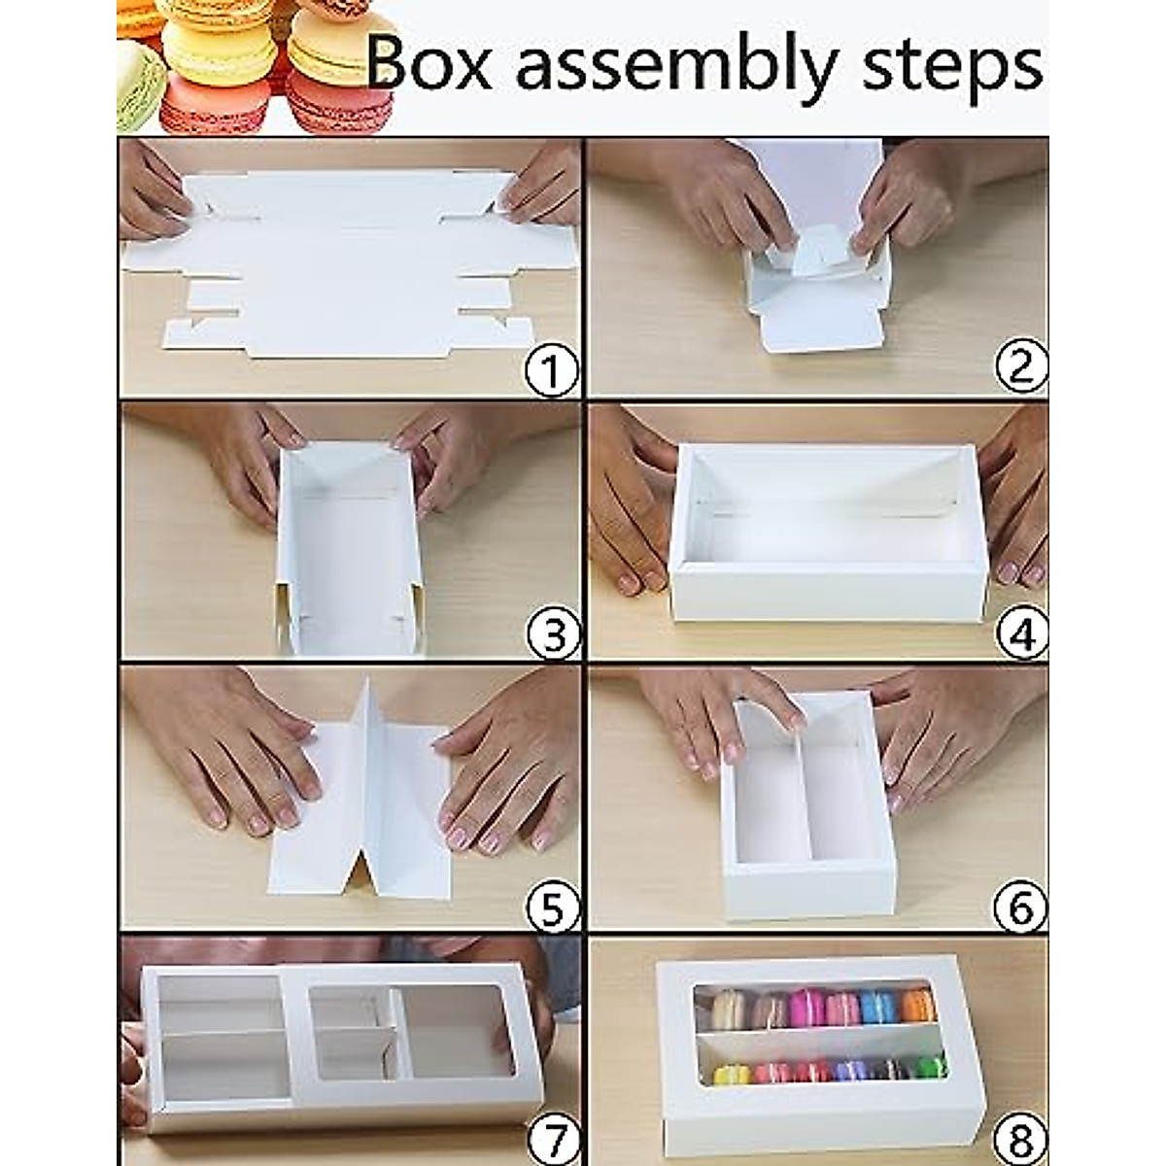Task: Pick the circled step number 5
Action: click(551, 909)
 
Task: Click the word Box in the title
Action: click(429, 64)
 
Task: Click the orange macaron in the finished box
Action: click(917, 1006)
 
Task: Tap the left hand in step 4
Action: click(627, 505)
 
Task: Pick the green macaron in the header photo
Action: click(136, 87)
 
